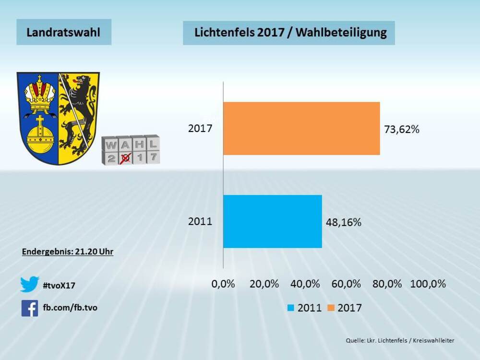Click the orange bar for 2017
tap(301, 128)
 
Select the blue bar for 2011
tap(273, 221)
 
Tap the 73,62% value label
tap(402, 129)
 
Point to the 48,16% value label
tap(343, 222)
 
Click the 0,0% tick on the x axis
tap(223, 284)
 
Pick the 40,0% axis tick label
tap(305, 284)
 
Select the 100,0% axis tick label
tap(428, 284)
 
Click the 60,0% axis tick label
tap(346, 284)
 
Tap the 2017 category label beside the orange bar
tap(200, 129)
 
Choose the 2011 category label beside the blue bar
tap(200, 222)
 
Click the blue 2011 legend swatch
tap(291, 308)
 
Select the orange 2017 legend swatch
tap(331, 308)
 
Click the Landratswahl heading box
tap(63, 32)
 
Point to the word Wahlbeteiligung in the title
tap(342, 33)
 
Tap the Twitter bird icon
tap(29, 285)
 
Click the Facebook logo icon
tap(29, 308)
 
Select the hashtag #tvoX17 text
tap(59, 286)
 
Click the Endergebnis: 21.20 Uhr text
tap(68, 251)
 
